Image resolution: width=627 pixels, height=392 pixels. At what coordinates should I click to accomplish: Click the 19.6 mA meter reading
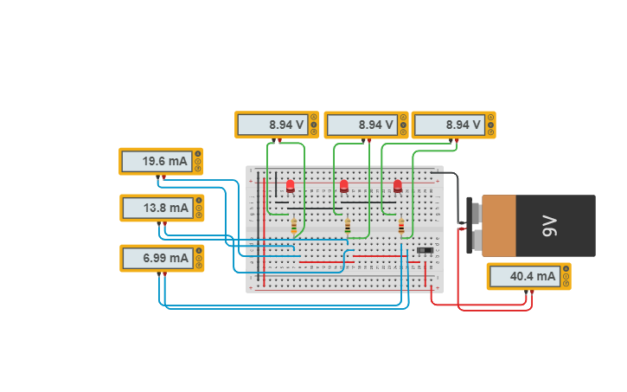click(156, 161)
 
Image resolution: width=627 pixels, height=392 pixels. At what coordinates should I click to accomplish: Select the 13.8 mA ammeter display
click(156, 208)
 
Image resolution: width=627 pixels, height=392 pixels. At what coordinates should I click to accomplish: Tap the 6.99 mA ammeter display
click(156, 258)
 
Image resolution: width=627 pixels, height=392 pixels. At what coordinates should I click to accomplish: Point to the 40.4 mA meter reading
click(523, 277)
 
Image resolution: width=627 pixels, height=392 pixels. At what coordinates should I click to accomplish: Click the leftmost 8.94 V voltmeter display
click(272, 125)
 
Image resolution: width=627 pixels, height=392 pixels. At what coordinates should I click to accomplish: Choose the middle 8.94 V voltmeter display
click(361, 125)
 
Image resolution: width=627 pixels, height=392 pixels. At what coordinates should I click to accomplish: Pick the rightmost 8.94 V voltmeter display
click(448, 125)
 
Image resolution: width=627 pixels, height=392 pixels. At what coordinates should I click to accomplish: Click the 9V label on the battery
click(550, 226)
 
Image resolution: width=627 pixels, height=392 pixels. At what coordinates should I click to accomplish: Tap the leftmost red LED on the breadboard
click(290, 186)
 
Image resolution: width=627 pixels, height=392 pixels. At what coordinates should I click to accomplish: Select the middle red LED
click(344, 186)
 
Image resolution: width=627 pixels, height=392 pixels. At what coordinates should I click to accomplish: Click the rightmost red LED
click(398, 186)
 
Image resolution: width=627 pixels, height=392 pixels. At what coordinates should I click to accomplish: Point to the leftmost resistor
click(294, 226)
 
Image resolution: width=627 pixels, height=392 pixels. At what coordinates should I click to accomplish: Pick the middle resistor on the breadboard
click(348, 226)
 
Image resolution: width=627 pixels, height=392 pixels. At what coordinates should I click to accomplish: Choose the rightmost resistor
click(401, 226)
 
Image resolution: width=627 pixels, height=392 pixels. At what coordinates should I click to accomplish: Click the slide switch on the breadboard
click(425, 251)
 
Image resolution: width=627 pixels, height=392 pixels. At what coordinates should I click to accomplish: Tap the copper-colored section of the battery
click(498, 226)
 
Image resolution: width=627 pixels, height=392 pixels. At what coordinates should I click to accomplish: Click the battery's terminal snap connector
click(471, 226)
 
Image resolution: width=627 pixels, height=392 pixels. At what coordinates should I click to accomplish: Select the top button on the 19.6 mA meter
click(198, 154)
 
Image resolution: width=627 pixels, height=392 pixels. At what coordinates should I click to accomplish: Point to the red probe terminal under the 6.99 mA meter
click(165, 273)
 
